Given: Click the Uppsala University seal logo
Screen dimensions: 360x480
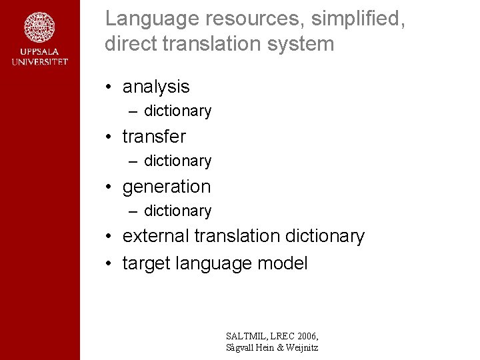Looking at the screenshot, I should pos(39,28).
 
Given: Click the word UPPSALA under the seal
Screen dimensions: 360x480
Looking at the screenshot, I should pos(39,52).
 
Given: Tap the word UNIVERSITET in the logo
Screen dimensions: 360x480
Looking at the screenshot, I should pos(39,62).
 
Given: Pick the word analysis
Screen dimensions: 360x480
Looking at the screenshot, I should pos(156,87).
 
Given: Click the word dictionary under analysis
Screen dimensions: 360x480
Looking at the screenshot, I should pos(177,111).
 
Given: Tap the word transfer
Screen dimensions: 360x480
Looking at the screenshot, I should pos(154,137).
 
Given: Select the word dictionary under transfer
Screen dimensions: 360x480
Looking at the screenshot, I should pos(177,161).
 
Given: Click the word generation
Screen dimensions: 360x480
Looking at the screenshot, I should pos(166,187).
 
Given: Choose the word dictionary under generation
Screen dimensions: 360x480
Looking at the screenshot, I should pos(177,211).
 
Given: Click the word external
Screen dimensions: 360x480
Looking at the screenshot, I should pos(156,236).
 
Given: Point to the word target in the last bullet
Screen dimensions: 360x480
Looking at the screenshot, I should pos(146,263).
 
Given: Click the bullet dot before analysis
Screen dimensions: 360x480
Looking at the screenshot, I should pos(108,87).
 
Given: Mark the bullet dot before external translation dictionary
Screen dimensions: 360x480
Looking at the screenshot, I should pos(108,237).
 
